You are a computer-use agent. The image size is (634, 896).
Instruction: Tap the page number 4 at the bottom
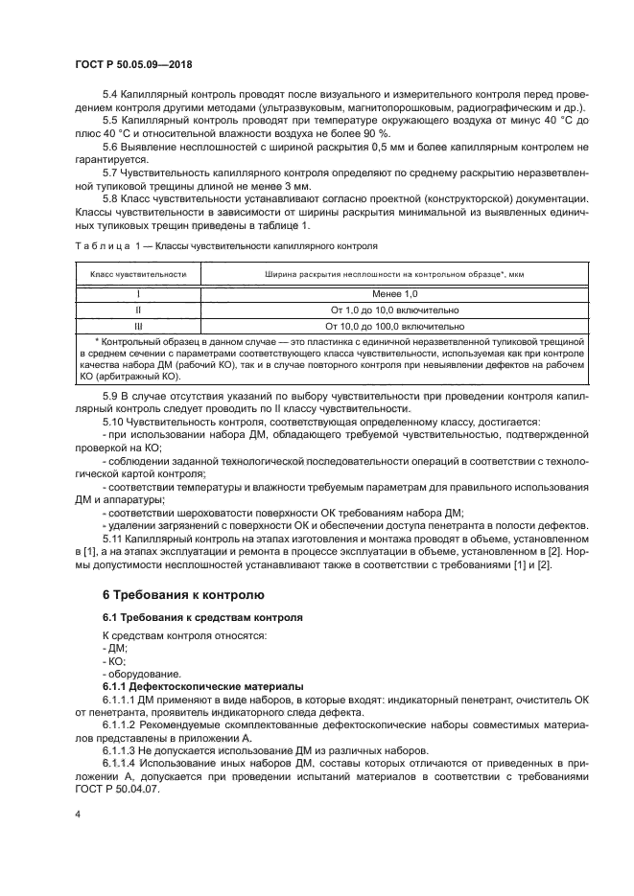coord(77,813)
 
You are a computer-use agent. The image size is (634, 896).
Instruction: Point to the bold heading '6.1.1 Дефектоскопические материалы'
coord(202,687)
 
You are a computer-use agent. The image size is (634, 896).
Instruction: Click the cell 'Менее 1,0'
coord(394,294)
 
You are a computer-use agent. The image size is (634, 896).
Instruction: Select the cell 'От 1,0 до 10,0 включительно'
coord(394,310)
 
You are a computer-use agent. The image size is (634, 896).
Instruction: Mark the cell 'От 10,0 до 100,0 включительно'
coord(394,326)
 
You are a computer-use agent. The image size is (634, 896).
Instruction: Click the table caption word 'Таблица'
coord(100,245)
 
